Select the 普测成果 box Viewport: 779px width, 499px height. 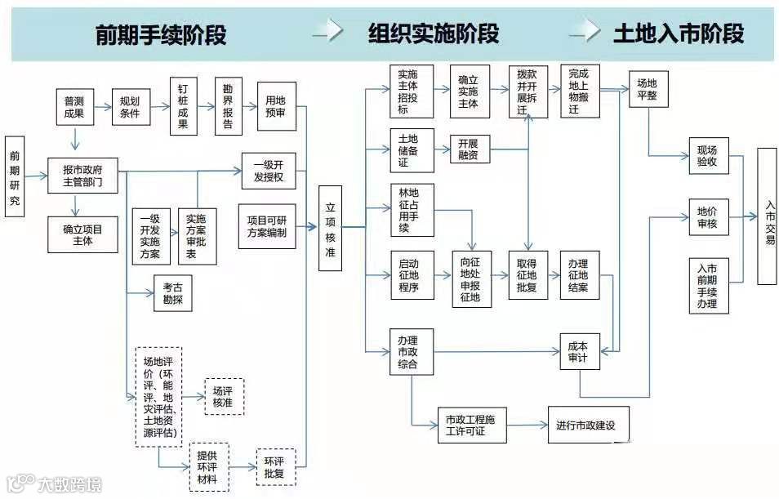[75, 107]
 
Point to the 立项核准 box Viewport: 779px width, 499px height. [330, 228]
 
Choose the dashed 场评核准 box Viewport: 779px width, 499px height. [223, 396]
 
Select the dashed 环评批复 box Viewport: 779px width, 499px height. [275, 466]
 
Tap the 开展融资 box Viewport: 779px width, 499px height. [468, 150]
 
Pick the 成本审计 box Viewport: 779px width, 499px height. [579, 352]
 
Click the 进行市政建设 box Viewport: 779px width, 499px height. [589, 425]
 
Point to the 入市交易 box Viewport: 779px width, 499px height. [767, 216]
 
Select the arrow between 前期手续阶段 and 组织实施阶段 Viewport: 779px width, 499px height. [327, 33]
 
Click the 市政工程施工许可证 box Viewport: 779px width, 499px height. [471, 425]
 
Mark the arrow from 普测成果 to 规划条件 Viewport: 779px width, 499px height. [103, 106]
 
